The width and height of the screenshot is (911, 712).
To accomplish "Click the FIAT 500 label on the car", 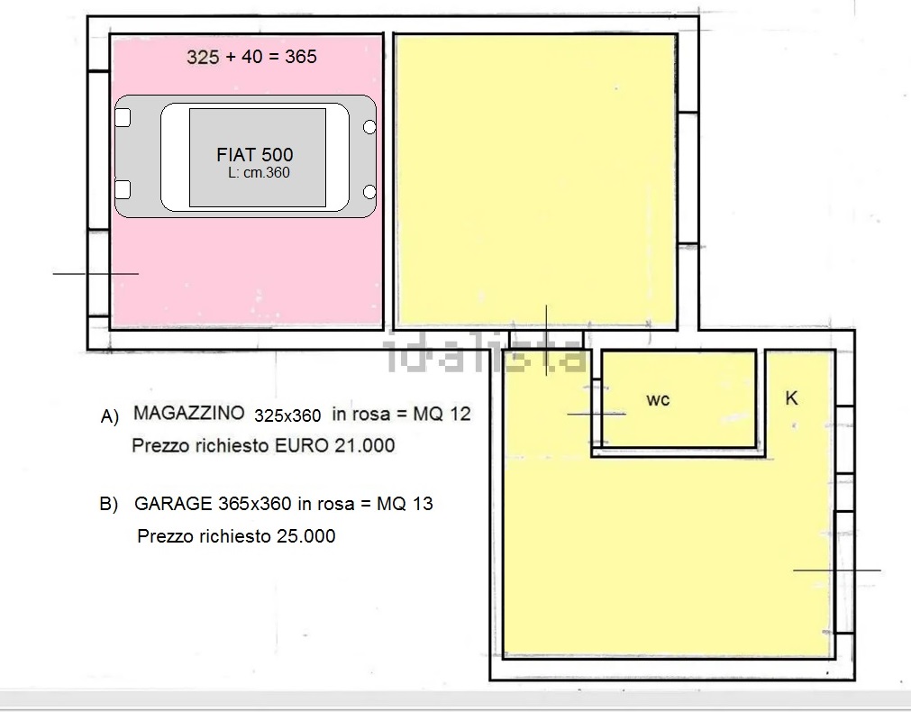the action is [254, 155].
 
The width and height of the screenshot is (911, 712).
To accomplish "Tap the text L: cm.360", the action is [259, 173].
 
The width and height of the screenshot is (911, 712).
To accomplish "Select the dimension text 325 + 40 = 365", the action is [251, 57].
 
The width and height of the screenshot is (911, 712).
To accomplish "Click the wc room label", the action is [658, 400].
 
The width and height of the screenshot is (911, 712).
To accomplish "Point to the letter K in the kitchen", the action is [791, 398].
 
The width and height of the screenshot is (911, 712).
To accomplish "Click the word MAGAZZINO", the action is [189, 413].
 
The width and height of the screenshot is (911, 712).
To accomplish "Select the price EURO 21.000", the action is [334, 445].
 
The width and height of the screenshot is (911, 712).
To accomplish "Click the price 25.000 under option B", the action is [305, 536].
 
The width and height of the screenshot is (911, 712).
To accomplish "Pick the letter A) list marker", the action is [110, 416].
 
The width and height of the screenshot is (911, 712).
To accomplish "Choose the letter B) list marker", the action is [109, 504].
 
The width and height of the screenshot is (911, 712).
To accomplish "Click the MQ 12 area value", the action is [442, 414].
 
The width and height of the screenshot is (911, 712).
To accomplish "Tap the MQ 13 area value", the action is [405, 503].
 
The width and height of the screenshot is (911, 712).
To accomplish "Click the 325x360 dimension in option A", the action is [287, 415].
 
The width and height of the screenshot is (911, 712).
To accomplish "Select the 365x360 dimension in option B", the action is [255, 503].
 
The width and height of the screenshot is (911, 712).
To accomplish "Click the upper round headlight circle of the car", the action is [369, 127].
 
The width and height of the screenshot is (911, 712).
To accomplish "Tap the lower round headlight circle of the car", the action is [369, 192].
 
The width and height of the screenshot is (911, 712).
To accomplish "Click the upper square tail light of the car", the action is [123, 117].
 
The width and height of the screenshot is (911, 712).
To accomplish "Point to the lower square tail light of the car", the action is [123, 189].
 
